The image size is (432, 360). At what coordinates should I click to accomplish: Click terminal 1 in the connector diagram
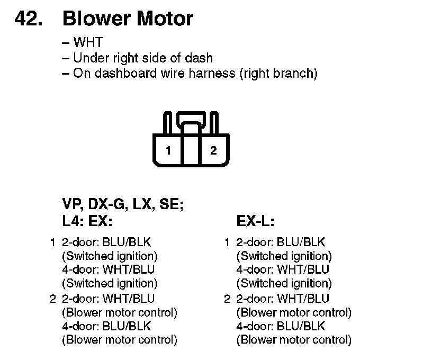pyautogui.click(x=168, y=150)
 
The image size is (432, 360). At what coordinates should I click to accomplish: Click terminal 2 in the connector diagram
pyautogui.click(x=213, y=150)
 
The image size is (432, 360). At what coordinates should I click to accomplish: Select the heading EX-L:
pyautogui.click(x=255, y=220)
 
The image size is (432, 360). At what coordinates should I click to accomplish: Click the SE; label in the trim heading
pyautogui.click(x=172, y=204)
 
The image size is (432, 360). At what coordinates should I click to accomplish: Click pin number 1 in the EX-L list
pyautogui.click(x=227, y=242)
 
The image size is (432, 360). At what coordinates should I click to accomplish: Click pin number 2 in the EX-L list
pyautogui.click(x=227, y=299)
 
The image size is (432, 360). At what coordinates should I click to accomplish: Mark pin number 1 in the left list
pyautogui.click(x=53, y=242)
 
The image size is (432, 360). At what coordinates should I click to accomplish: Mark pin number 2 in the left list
pyautogui.click(x=53, y=299)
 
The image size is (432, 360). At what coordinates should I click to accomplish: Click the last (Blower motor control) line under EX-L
pyautogui.click(x=294, y=340)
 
